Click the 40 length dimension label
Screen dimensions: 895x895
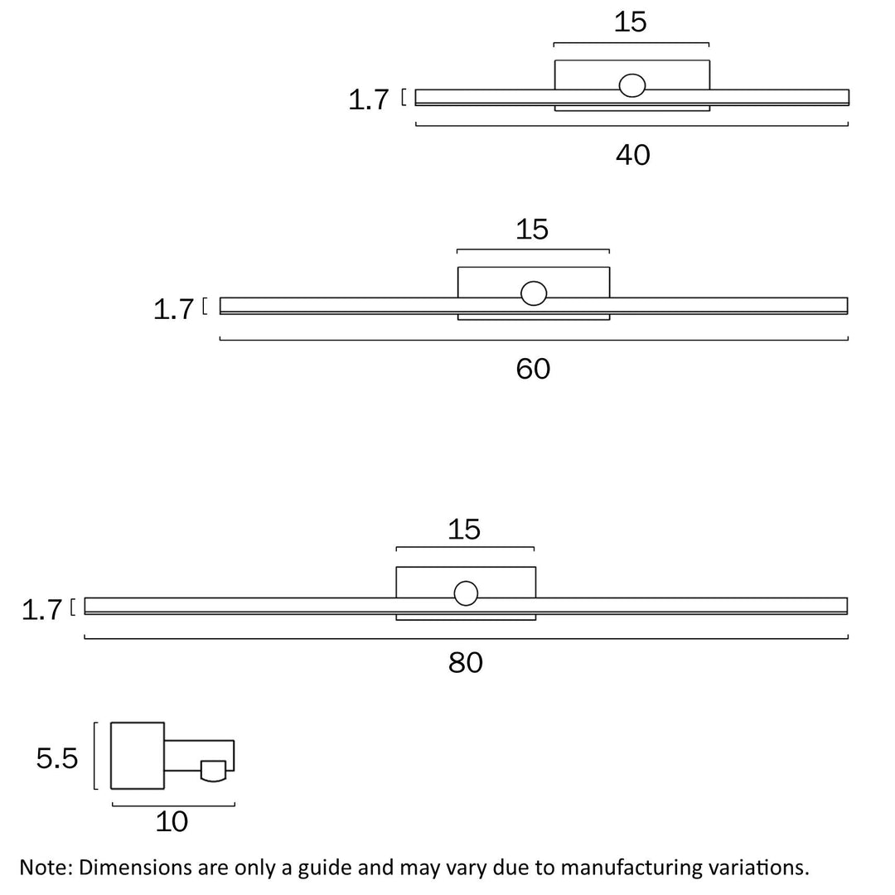pos(632,155)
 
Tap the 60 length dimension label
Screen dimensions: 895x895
pos(533,369)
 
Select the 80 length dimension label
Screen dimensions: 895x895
pos(466,663)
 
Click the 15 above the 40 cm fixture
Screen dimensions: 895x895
pos(631,22)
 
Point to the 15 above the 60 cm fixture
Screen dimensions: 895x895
pos(532,230)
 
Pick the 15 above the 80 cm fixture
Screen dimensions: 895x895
pos(464,530)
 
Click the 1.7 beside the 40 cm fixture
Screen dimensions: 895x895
pos(369,100)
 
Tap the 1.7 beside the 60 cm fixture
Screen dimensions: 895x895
pos(174,310)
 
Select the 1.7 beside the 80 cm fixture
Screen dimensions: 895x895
pos(42,611)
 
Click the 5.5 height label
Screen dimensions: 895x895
pos(57,757)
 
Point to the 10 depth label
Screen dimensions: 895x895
pos(172,822)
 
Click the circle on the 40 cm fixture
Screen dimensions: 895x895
pos(632,85)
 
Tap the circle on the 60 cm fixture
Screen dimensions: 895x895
pos(534,293)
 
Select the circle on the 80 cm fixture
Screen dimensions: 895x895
pos(466,593)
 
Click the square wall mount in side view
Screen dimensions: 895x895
pos(138,756)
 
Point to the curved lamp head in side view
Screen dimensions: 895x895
pos(213,771)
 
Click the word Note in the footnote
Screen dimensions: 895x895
pos(46,868)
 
